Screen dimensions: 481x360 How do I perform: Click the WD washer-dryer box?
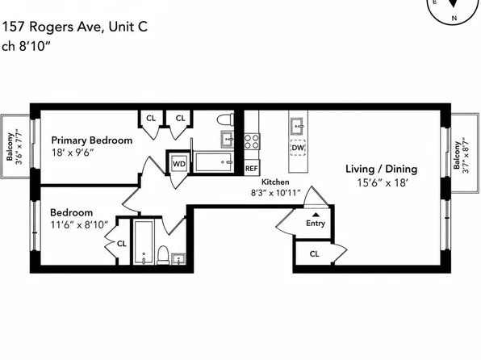pyautogui.click(x=179, y=164)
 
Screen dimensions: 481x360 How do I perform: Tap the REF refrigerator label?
pyautogui.click(x=251, y=169)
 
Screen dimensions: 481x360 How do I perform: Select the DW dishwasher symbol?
pyautogui.click(x=298, y=148)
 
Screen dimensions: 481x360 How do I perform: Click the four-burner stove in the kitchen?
pyautogui.click(x=252, y=141)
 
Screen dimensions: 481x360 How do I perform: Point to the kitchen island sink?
pyautogui.click(x=298, y=126)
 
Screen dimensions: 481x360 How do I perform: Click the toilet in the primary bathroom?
pyautogui.click(x=225, y=119)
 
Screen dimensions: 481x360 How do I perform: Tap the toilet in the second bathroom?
pyautogui.click(x=163, y=255)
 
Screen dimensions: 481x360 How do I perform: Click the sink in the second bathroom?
pyautogui.click(x=178, y=259)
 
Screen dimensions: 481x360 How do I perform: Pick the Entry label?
pyautogui.click(x=316, y=223)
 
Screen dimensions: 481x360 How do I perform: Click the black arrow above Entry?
pyautogui.click(x=316, y=215)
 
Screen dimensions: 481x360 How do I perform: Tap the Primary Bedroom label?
pyautogui.click(x=92, y=140)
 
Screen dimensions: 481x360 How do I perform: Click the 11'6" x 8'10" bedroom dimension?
pyautogui.click(x=79, y=225)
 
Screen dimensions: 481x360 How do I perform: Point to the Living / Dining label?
pyautogui.click(x=381, y=169)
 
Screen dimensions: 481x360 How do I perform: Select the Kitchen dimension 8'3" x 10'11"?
pyautogui.click(x=275, y=193)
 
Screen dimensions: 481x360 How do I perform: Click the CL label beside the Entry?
pyautogui.click(x=314, y=253)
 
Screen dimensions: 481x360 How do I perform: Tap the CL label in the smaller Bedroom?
pyautogui.click(x=122, y=244)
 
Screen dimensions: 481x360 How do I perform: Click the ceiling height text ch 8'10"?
pyautogui.click(x=26, y=46)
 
